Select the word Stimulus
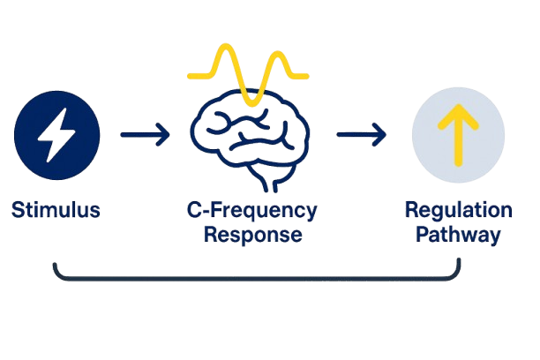coord(56,210)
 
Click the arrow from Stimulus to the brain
coord(146,135)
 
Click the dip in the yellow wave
coord(251,104)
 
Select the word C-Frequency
coord(252,211)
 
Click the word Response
coord(252,236)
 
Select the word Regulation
coord(458,211)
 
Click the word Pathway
coord(458,236)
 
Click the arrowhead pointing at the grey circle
coord(380,135)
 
